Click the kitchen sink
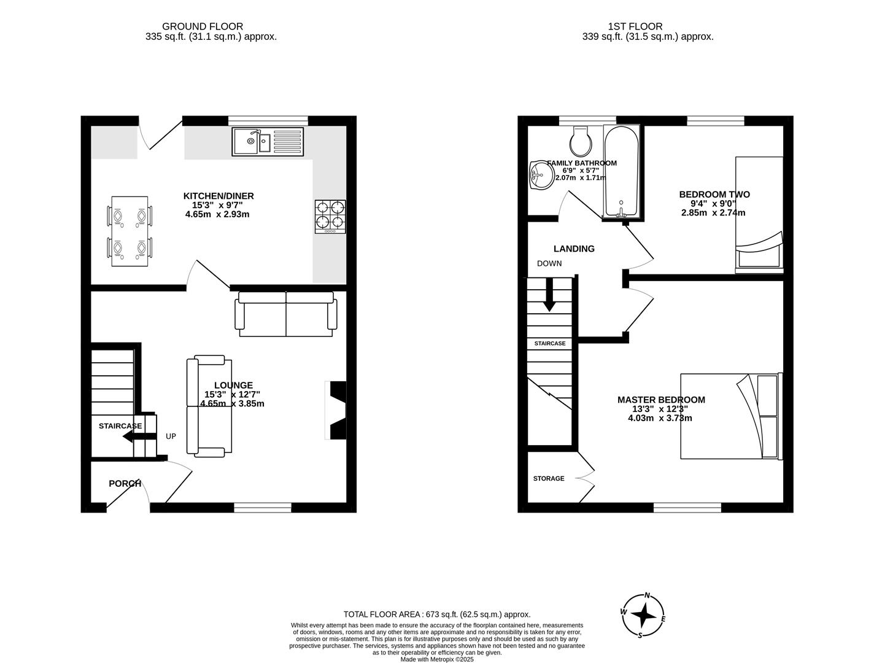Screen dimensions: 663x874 pyautogui.click(x=268, y=142)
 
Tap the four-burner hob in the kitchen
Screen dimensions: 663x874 pyautogui.click(x=330, y=216)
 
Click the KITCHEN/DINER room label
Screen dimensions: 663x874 pyautogui.click(x=218, y=196)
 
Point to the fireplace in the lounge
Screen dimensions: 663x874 pyautogui.click(x=337, y=410)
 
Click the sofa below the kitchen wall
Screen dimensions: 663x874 pyautogui.click(x=287, y=314)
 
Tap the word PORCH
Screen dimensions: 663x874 pyautogui.click(x=125, y=484)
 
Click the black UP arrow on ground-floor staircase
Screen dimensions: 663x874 pyautogui.click(x=137, y=436)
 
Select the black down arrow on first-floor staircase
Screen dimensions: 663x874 pyautogui.click(x=549, y=295)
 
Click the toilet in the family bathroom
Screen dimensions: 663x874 pyautogui.click(x=581, y=141)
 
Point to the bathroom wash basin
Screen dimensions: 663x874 pyautogui.click(x=540, y=175)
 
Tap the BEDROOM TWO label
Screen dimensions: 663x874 pyautogui.click(x=714, y=195)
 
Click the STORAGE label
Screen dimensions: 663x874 pyautogui.click(x=549, y=478)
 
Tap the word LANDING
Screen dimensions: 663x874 pyautogui.click(x=574, y=249)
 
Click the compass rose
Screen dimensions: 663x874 pyautogui.click(x=643, y=616)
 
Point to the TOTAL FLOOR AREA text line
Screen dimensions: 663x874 pyautogui.click(x=436, y=614)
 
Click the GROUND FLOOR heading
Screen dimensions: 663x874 pyautogui.click(x=203, y=26)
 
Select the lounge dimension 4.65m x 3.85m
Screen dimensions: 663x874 pyautogui.click(x=233, y=404)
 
